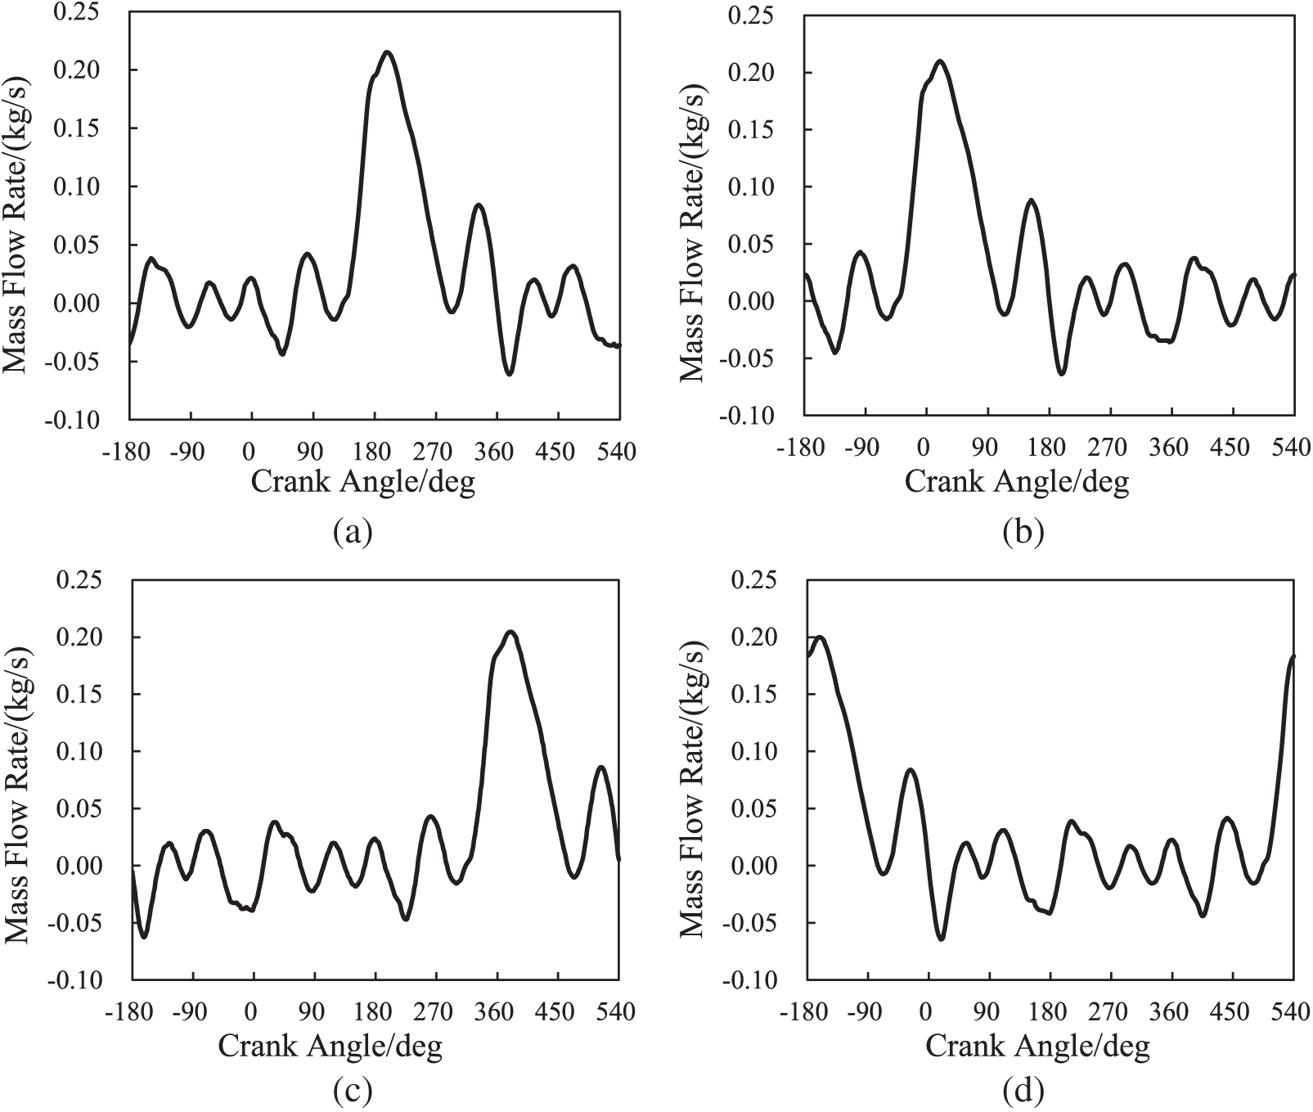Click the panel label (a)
(353, 533)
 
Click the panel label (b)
(1023, 533)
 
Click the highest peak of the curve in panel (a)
(387, 52)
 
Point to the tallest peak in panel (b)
(940, 61)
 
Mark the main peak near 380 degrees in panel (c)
(510, 632)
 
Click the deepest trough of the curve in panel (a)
(509, 374)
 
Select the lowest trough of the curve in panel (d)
(942, 939)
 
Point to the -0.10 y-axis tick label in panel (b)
(748, 416)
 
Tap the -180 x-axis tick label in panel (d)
(805, 1012)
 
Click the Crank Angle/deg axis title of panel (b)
(1017, 483)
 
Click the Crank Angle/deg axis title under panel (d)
(1037, 1046)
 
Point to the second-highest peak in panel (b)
(1032, 200)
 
